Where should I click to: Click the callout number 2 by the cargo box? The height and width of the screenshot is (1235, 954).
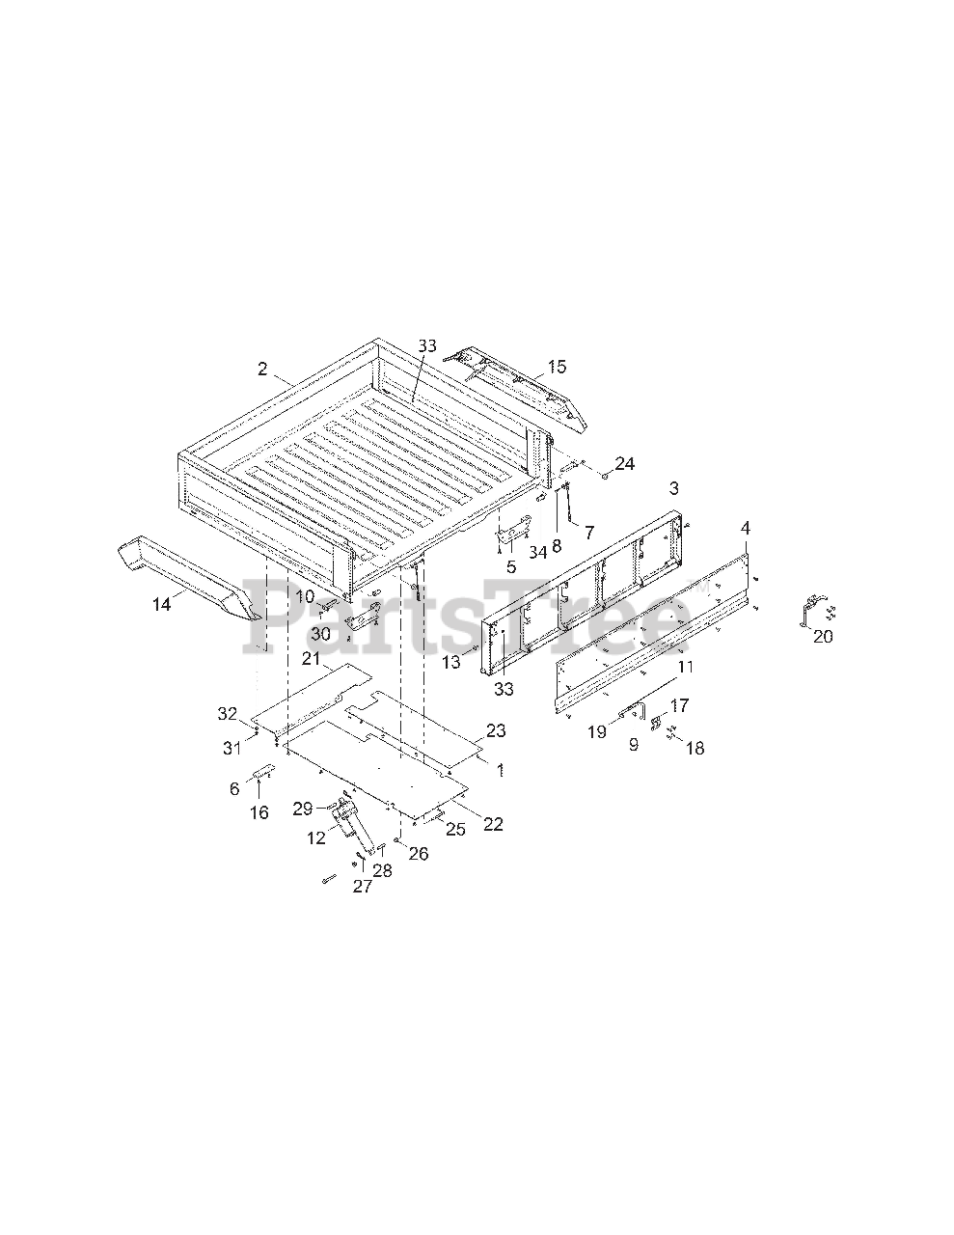click(x=262, y=368)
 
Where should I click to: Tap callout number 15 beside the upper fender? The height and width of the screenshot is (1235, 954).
click(x=557, y=367)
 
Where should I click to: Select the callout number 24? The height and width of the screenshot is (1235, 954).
click(x=625, y=464)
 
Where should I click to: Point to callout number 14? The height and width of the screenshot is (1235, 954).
click(x=160, y=604)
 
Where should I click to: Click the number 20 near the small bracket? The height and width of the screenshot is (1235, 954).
click(x=823, y=636)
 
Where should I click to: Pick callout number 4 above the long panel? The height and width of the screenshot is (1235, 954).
click(x=745, y=528)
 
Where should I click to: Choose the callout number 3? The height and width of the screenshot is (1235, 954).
click(x=673, y=488)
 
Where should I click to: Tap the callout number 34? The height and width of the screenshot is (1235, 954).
click(x=537, y=552)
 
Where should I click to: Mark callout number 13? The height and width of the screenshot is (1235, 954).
click(x=451, y=662)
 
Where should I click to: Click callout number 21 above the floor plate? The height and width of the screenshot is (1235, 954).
click(x=311, y=658)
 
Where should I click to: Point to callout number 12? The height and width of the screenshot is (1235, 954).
click(x=316, y=838)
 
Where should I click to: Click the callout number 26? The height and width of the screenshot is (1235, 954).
click(x=419, y=853)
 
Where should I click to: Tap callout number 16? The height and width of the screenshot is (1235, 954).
click(x=259, y=812)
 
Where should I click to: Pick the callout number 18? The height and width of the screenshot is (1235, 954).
click(x=695, y=748)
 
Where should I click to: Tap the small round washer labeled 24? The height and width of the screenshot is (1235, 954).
click(x=603, y=475)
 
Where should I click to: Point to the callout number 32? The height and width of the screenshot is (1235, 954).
click(x=227, y=714)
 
